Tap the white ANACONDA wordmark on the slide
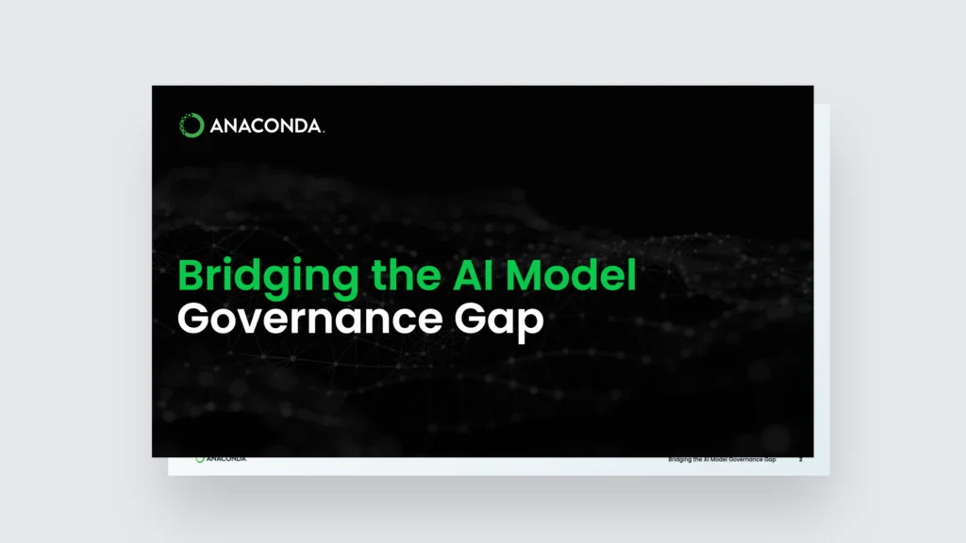tap(266, 126)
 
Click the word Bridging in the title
tap(268, 276)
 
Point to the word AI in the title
tap(474, 274)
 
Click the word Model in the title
tap(571, 274)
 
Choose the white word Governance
tap(309, 319)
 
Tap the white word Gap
tap(499, 321)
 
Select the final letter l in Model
tap(632, 274)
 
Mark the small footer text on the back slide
tap(722, 460)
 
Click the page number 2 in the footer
tap(800, 460)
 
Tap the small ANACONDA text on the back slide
tap(225, 459)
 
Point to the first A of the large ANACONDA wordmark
tap(218, 126)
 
